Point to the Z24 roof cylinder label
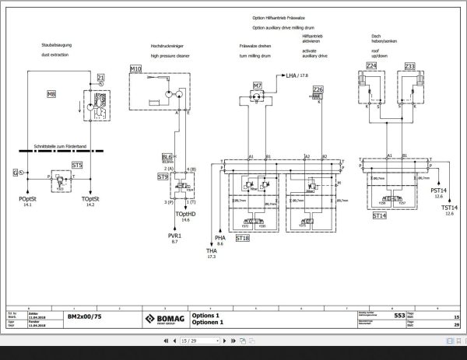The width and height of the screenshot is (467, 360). pos(370,67)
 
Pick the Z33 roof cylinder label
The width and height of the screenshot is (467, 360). pos(409,67)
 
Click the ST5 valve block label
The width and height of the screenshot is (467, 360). pos(76,165)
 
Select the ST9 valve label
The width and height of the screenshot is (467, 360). pos(163,177)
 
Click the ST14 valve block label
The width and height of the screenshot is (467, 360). pos(379,215)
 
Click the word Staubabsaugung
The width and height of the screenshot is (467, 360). pos(56,46)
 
